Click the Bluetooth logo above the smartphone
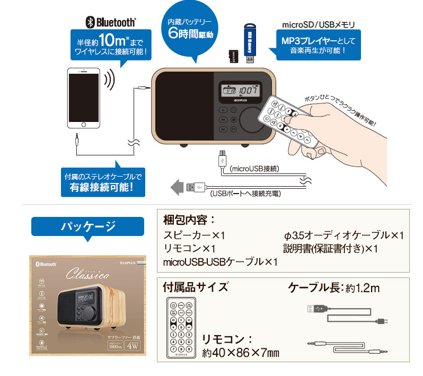111,22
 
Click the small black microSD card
232,57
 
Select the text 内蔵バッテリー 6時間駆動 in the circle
190,29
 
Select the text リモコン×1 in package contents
189,248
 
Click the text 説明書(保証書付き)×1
331,248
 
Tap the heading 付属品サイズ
196,287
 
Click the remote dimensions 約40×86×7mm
241,353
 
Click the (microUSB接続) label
254,169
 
